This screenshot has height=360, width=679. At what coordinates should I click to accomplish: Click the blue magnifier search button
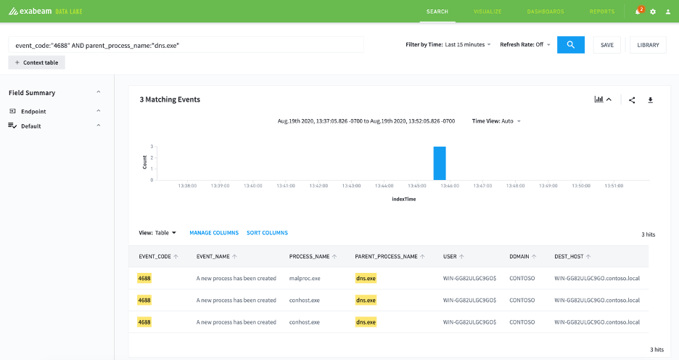tap(571, 44)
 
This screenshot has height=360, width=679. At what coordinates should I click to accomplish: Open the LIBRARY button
tap(648, 45)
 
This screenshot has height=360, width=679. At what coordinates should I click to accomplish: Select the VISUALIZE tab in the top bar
tap(487, 12)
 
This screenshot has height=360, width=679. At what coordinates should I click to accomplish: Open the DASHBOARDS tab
tap(546, 12)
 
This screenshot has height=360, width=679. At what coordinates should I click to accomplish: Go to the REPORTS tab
tap(602, 12)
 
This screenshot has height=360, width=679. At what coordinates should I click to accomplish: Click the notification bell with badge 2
tap(638, 12)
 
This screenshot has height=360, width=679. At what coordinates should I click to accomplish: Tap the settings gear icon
tap(653, 12)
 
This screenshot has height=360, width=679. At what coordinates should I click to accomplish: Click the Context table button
tap(36, 62)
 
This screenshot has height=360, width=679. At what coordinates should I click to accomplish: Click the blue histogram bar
tap(440, 163)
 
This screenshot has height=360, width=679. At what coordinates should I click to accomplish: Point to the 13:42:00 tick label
tap(318, 186)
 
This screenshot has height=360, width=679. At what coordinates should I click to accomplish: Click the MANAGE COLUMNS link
tap(214, 233)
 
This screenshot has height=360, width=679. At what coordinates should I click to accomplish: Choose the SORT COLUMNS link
tap(267, 233)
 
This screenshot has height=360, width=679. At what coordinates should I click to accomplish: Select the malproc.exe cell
tap(305, 278)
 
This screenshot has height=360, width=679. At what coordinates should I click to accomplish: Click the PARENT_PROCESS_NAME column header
tap(386, 256)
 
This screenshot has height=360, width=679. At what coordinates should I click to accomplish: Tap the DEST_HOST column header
tap(569, 256)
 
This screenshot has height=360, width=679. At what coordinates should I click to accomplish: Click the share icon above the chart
tap(633, 100)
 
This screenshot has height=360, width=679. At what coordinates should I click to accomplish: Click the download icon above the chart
tap(650, 100)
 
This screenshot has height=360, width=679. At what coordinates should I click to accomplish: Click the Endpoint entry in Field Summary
tap(33, 111)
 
